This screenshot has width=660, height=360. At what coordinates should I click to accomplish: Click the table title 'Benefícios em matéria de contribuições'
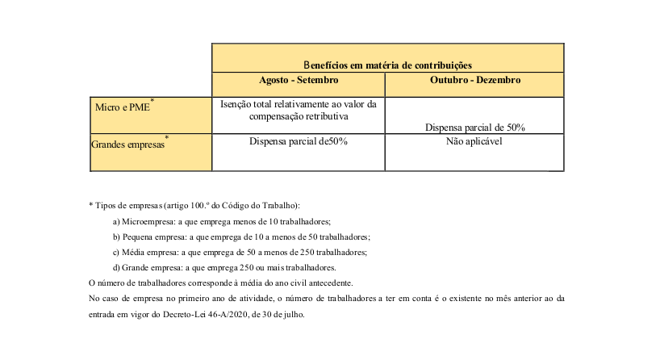click(x=387, y=65)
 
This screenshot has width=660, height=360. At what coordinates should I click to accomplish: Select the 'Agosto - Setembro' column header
click(x=299, y=81)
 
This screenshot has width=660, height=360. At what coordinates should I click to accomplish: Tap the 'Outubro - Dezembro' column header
click(x=475, y=81)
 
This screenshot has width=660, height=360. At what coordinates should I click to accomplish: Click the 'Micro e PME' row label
click(x=122, y=107)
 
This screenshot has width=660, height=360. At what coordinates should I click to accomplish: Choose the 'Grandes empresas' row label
click(x=127, y=144)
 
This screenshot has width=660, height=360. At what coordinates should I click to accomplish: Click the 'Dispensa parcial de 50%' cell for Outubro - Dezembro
click(x=475, y=127)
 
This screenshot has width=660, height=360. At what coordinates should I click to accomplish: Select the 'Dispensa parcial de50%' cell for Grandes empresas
click(x=299, y=141)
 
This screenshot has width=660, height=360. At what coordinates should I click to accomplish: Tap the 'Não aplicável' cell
click(x=474, y=141)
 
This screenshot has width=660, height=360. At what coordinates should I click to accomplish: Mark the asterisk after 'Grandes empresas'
click(x=166, y=138)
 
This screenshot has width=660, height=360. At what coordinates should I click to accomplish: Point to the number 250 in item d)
click(x=235, y=267)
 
